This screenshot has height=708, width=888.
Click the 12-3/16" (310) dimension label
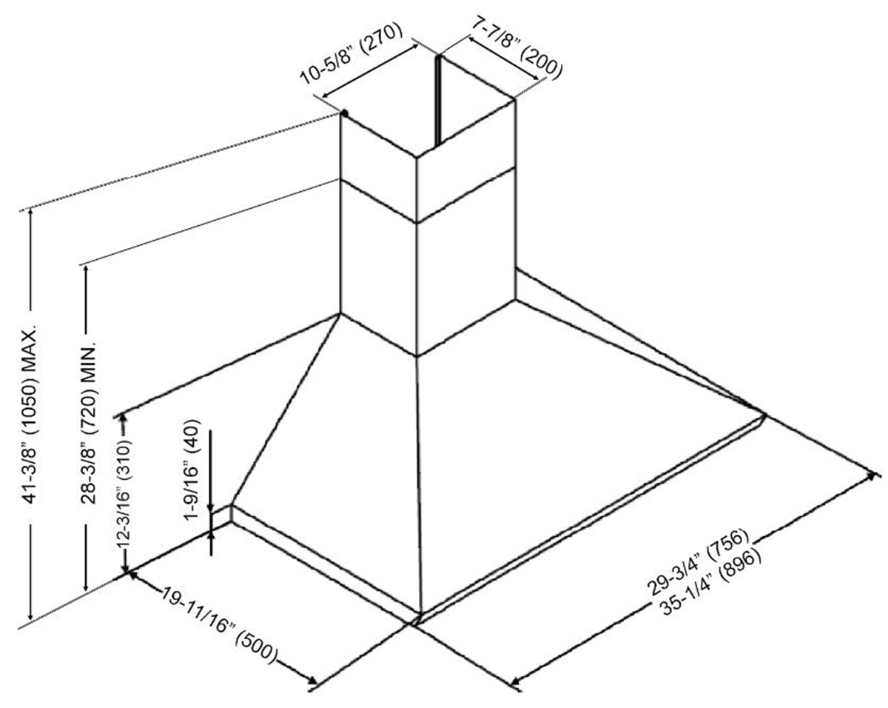click(x=124, y=493)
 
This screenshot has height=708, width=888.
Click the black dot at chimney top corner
click(x=345, y=113)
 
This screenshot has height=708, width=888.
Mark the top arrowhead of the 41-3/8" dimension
click(x=30, y=213)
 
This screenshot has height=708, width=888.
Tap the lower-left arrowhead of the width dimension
click(x=517, y=678)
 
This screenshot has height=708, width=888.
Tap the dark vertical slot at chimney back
click(x=438, y=100)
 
